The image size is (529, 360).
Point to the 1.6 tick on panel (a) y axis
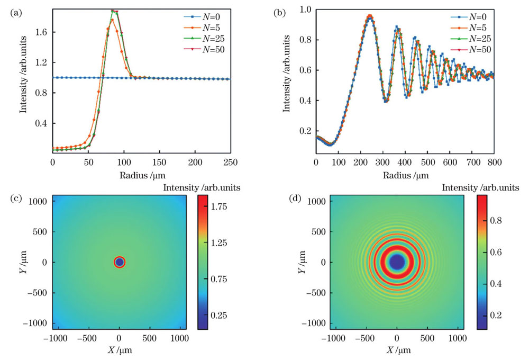click(41, 32)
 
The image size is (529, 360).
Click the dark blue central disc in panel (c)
click(120, 262)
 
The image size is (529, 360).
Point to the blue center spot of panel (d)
click(397, 262)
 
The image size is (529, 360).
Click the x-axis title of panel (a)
click(141, 174)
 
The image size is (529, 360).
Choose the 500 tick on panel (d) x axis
click(427, 338)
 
